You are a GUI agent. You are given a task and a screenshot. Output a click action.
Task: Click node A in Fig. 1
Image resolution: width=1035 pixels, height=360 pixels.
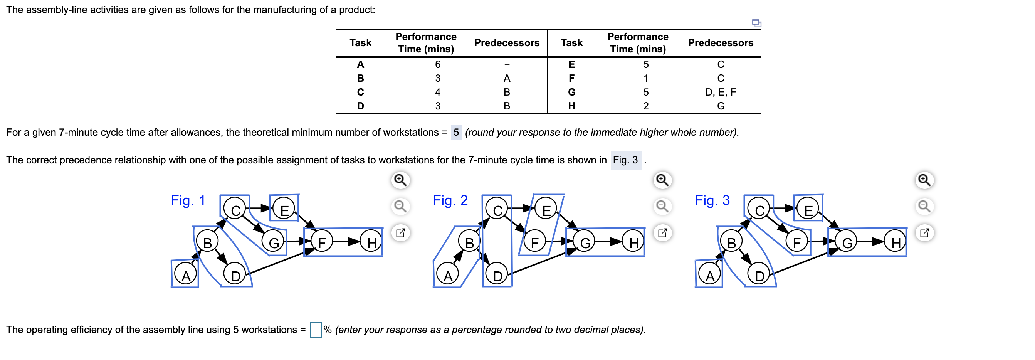point(185,275)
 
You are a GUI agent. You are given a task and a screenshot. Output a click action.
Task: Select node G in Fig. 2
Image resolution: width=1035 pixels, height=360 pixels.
point(585,242)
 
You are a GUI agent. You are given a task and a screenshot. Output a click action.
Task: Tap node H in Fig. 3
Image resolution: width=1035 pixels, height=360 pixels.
point(895,242)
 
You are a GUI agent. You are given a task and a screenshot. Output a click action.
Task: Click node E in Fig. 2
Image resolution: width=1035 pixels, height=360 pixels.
point(546,209)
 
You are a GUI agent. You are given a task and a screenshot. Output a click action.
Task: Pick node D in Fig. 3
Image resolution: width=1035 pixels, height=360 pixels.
point(759,275)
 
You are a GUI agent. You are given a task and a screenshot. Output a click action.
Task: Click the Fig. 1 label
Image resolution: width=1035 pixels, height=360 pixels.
point(188,200)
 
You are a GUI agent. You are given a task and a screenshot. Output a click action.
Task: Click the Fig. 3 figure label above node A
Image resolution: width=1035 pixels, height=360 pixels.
point(712,200)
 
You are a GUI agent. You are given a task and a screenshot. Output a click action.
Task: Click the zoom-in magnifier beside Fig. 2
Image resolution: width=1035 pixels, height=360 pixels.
point(662,180)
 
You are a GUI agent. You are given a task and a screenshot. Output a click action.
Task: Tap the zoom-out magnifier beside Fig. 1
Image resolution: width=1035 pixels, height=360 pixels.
point(400,206)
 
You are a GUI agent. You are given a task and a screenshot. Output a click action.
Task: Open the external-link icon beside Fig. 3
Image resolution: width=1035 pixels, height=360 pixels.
point(924,233)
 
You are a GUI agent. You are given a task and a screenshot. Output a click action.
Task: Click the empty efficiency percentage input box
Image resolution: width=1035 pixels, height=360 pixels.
point(316,330)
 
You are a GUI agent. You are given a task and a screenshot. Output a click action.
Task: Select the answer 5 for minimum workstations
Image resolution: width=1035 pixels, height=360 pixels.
point(455,132)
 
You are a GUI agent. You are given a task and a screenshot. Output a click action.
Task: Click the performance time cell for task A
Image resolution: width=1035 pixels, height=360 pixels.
point(438,64)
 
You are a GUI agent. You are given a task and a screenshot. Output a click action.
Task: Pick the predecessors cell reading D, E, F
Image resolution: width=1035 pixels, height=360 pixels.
point(721,92)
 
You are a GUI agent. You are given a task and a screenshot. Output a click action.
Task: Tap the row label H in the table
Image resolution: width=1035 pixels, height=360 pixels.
point(571,106)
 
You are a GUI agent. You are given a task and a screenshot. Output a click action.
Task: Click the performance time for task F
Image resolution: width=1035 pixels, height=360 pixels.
point(645,78)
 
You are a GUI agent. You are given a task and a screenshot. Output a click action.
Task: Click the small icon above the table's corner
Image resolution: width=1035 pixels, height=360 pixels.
point(756,23)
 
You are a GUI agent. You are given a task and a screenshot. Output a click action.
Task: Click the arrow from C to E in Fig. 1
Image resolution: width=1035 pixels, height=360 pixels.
point(259,208)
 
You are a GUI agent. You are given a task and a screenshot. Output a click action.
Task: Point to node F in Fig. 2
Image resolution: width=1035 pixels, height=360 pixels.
point(534,242)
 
